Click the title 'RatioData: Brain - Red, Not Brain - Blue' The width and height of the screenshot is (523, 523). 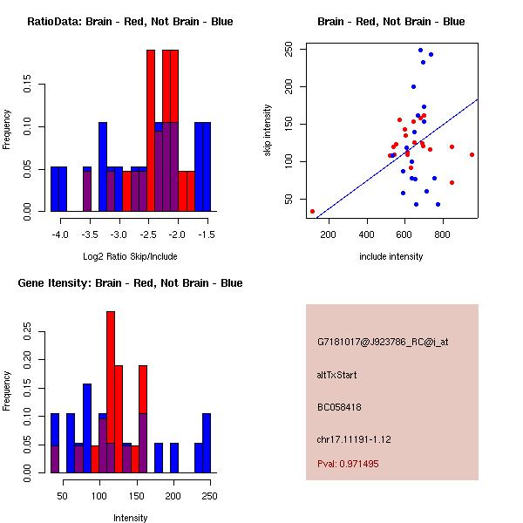click(x=130, y=21)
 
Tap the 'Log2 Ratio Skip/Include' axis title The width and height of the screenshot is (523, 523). click(x=130, y=256)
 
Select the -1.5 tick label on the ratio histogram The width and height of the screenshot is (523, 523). click(x=207, y=235)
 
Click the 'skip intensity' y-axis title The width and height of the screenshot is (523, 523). click(x=268, y=131)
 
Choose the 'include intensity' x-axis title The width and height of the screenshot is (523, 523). click(x=391, y=256)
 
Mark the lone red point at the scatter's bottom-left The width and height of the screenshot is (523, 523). click(x=312, y=211)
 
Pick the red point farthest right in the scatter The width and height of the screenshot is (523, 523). click(x=472, y=154)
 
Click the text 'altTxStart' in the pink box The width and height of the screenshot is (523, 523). click(x=337, y=375)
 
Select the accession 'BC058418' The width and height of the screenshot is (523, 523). click(x=339, y=406)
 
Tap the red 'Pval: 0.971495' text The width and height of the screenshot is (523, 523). click(x=348, y=464)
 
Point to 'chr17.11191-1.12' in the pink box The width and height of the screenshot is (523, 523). click(x=352, y=438)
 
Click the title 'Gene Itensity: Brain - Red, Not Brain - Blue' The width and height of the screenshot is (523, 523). click(x=130, y=283)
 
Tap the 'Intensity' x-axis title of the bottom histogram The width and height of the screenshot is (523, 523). click(x=130, y=518)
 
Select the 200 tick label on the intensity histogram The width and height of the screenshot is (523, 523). click(x=173, y=496)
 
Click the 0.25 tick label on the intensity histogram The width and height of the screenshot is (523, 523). click(x=29, y=331)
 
